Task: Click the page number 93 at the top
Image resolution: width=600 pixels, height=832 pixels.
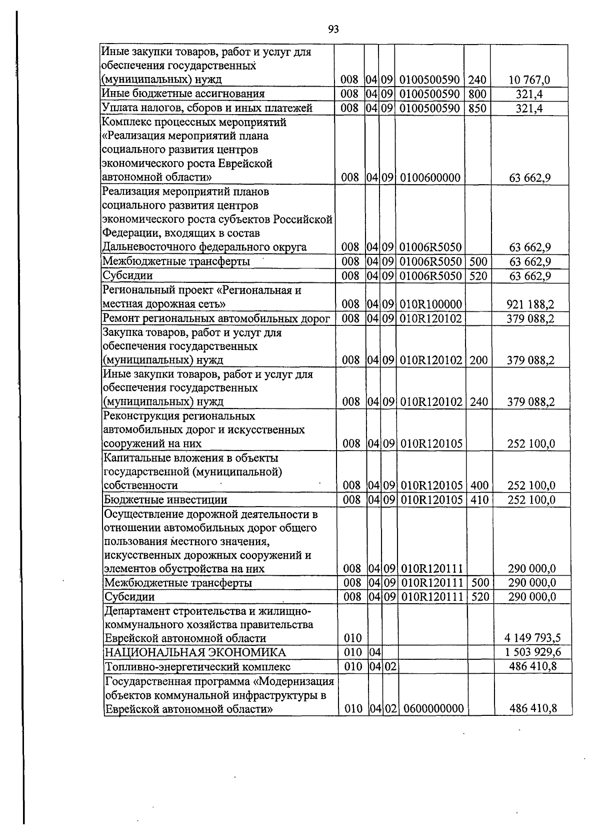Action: (333, 30)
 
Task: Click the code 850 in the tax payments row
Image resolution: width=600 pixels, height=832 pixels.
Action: (477, 108)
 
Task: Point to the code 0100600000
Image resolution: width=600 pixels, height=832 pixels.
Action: (429, 178)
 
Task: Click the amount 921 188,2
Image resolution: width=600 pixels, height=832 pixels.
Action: (530, 304)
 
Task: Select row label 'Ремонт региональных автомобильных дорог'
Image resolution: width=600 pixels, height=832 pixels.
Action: (216, 318)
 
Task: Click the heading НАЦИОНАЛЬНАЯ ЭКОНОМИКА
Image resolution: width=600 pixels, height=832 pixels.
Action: (195, 652)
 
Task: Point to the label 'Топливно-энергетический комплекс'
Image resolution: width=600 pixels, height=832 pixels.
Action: (197, 666)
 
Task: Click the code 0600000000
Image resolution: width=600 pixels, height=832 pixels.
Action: (433, 709)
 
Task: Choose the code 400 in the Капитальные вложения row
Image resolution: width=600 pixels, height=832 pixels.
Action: (479, 486)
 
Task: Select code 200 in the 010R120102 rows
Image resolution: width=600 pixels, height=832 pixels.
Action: (478, 360)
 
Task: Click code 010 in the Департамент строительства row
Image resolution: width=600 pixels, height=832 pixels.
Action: (352, 638)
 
